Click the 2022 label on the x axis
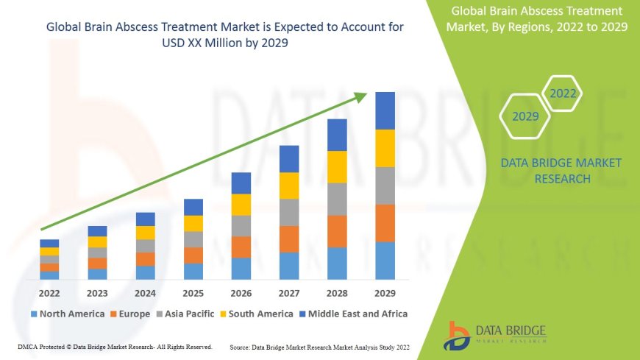pos(49,292)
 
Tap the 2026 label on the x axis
pos(241,292)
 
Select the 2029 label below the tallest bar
pos(385,292)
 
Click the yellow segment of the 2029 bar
pos(385,148)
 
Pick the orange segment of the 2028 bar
pos(337,231)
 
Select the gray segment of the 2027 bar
pos(289,212)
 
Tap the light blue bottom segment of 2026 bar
pos(241,268)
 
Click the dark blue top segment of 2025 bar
pos(193,207)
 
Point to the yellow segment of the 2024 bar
pos(146,233)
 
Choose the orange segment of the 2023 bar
pos(97,263)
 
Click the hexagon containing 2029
pos(525,116)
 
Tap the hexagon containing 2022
pos(563,93)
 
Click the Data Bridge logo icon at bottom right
pos(458,335)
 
